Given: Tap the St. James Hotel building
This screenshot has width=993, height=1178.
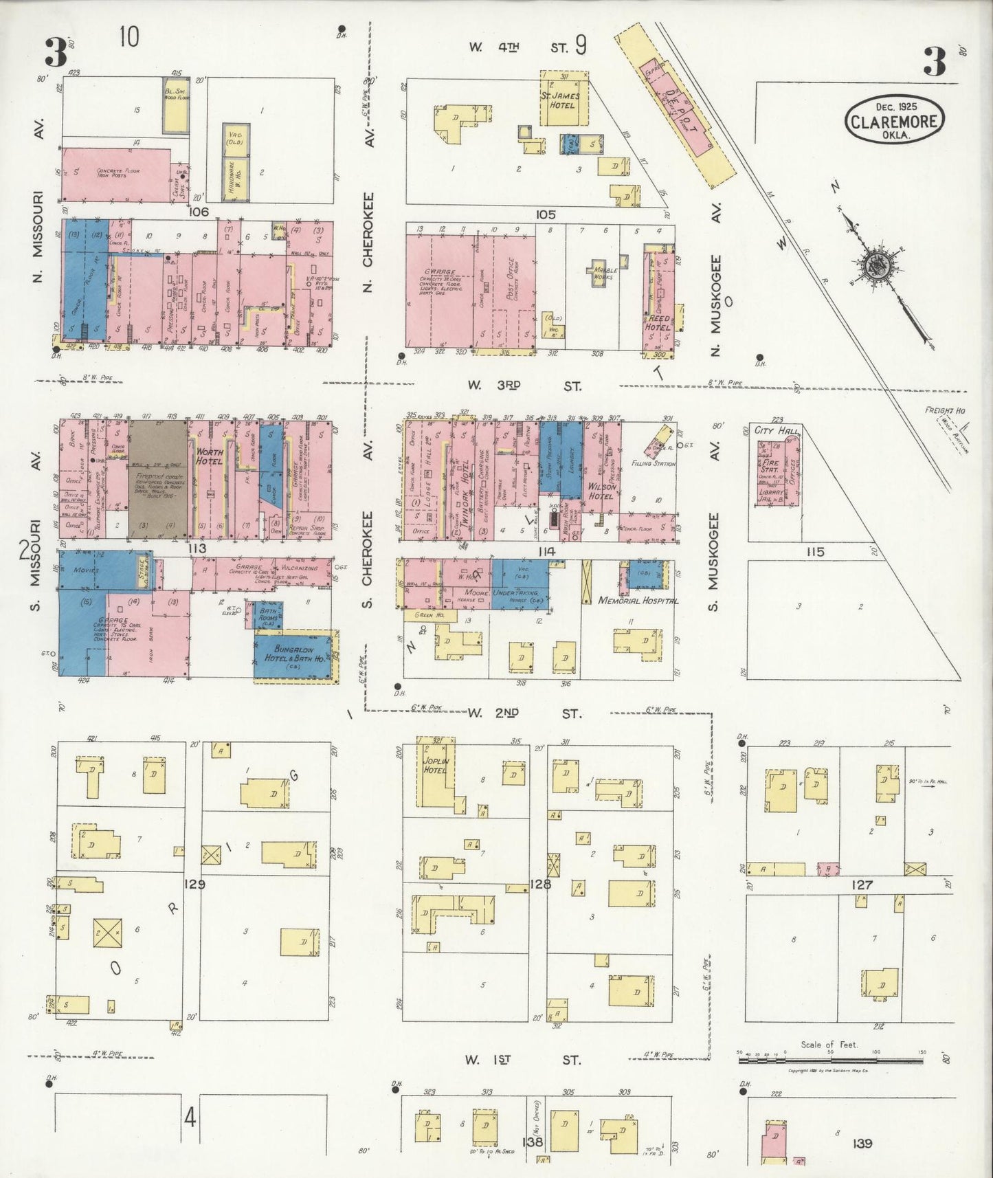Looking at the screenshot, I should click(x=564, y=100).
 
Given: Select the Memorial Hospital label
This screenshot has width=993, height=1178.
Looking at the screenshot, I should click(x=638, y=600).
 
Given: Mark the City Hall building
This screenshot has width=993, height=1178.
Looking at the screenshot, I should click(x=775, y=467).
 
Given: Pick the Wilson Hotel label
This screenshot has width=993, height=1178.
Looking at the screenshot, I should click(x=601, y=491).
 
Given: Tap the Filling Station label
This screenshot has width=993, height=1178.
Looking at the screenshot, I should click(x=653, y=464).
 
